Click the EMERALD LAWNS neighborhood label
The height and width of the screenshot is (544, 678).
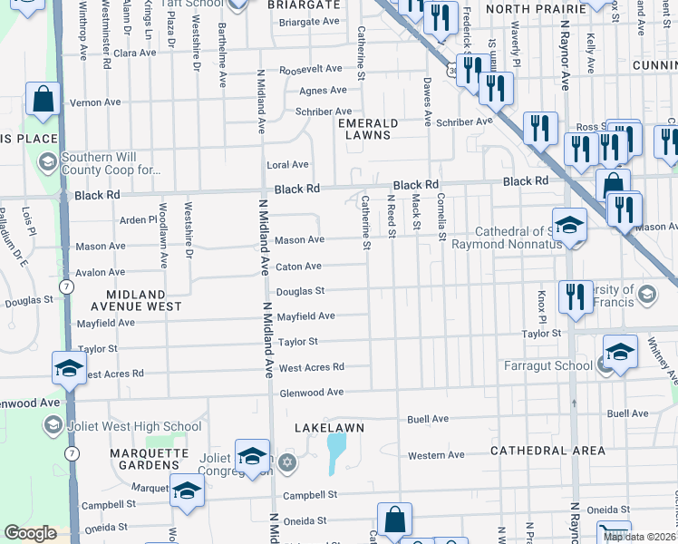pyautogui.click(x=364, y=129)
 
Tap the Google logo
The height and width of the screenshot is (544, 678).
pyautogui.click(x=30, y=533)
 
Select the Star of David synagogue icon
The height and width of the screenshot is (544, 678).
pyautogui.click(x=287, y=463)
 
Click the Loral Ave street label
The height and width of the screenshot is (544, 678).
pyautogui.click(x=287, y=165)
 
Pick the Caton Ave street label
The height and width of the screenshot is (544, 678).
pyautogui.click(x=298, y=267)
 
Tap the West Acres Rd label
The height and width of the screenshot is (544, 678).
pyautogui.click(x=311, y=367)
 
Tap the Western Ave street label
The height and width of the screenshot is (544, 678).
pyautogui.click(x=436, y=455)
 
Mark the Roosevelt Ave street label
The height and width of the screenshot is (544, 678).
pyautogui.click(x=310, y=69)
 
